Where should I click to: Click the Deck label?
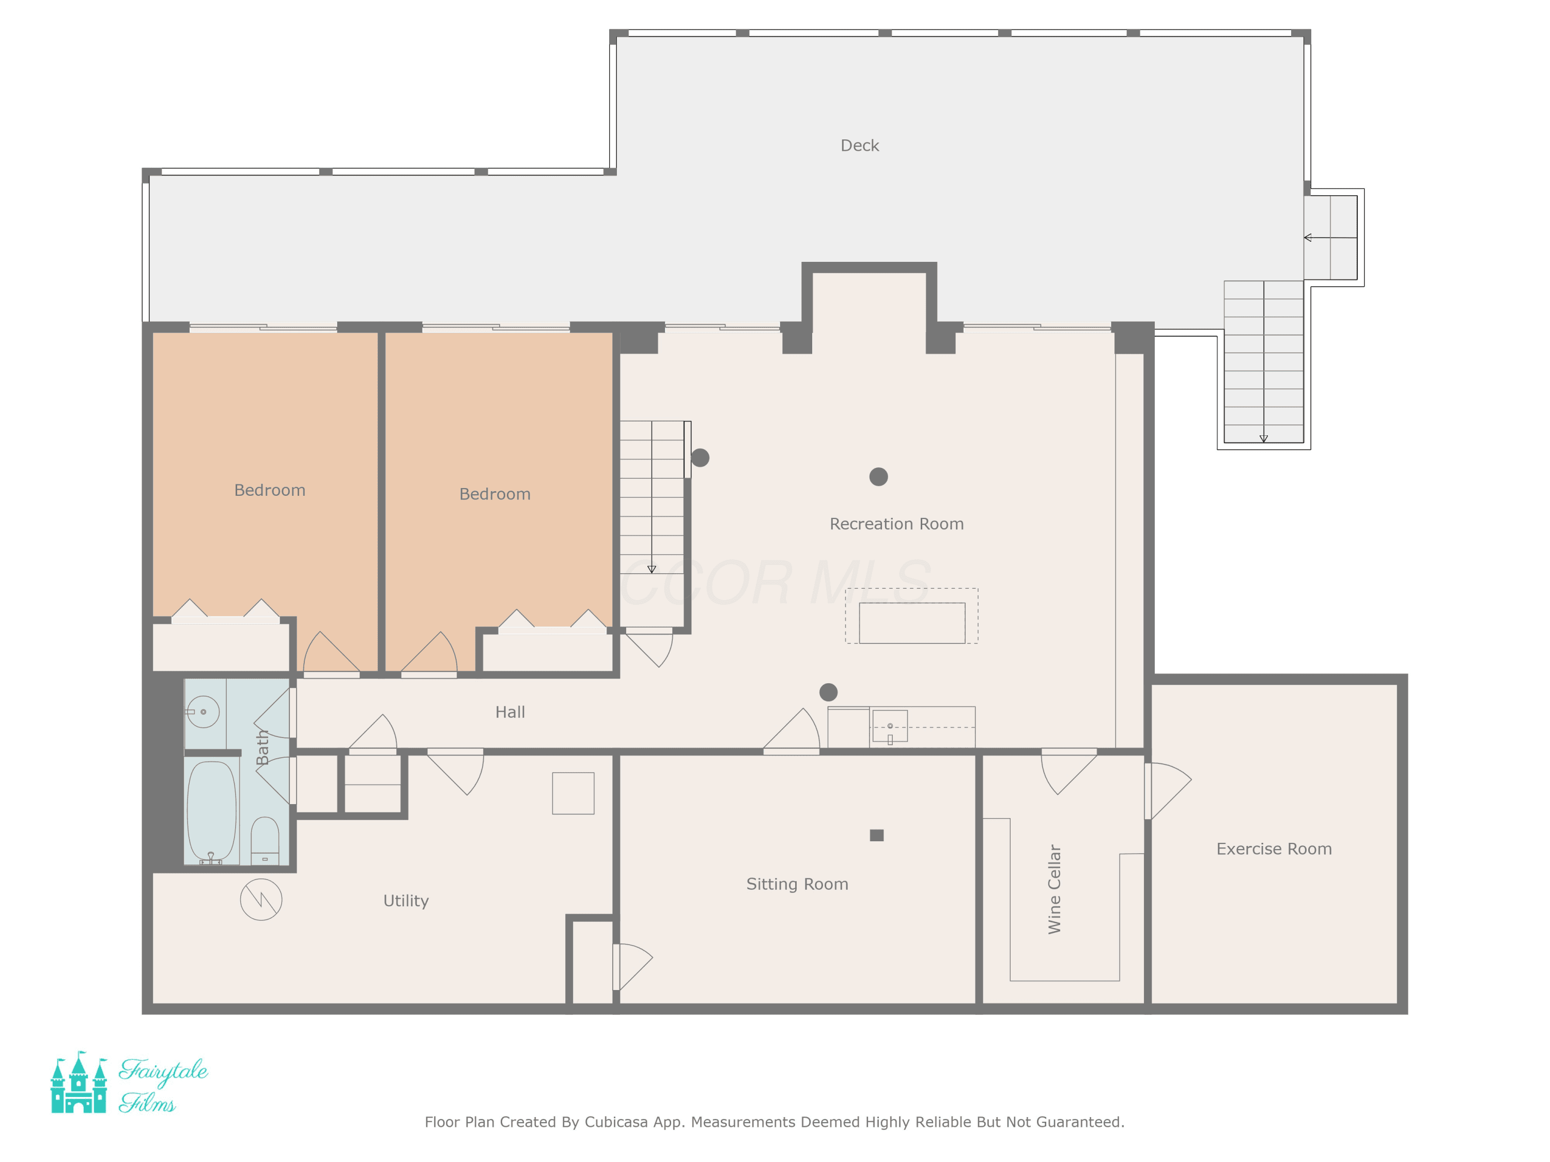click(x=859, y=146)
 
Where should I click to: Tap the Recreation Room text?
click(x=896, y=524)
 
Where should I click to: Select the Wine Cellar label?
click(x=1054, y=889)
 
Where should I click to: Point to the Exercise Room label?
click(x=1274, y=849)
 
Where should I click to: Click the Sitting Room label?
click(x=797, y=884)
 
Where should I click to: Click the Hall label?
click(x=510, y=712)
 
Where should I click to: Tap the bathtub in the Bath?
click(x=212, y=812)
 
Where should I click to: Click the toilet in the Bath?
click(x=265, y=840)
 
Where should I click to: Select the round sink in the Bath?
click(x=203, y=712)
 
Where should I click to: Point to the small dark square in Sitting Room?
click(x=877, y=835)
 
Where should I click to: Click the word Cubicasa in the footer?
click(x=616, y=1122)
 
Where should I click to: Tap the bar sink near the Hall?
click(x=890, y=726)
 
